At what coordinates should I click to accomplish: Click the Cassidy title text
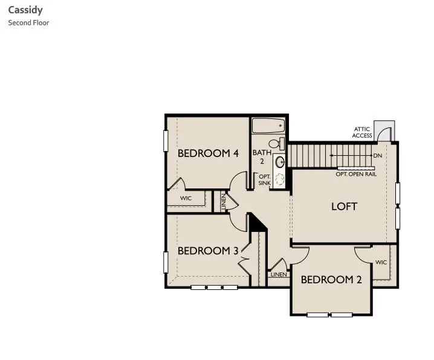coord(25,10)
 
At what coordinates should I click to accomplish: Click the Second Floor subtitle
coord(28,23)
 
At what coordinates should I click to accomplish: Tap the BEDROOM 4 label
coord(208,153)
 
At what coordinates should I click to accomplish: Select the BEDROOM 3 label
coord(208,251)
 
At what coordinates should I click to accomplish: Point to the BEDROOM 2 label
coord(331,280)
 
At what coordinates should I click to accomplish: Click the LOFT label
coord(344,207)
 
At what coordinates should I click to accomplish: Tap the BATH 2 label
coord(262,157)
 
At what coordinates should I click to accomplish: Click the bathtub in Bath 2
coord(268,126)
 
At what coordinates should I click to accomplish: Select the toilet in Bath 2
coord(276,144)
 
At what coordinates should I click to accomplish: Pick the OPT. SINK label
coord(265,180)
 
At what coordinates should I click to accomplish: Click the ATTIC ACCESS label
coord(363,132)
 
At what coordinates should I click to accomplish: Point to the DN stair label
coord(378,156)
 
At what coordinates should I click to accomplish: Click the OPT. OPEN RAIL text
coord(356,174)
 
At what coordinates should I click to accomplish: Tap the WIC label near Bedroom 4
coord(186,198)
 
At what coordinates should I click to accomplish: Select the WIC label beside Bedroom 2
coord(381,262)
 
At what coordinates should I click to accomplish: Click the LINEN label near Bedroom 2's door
coord(279,274)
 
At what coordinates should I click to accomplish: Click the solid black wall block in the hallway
coord(257,223)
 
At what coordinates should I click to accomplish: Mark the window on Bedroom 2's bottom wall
coord(330,315)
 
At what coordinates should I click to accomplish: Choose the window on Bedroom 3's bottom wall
coord(214,288)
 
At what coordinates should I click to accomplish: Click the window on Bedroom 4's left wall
coord(166,140)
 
